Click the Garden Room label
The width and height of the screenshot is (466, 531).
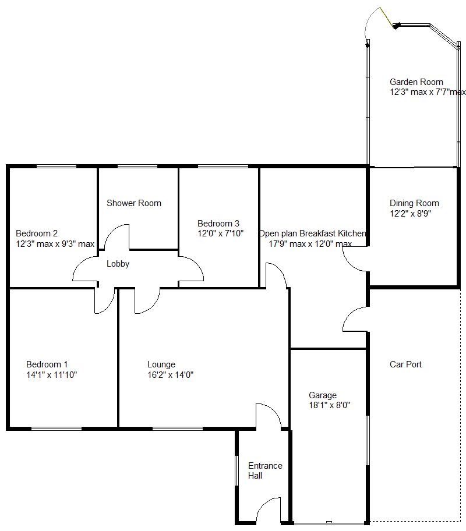(416, 82)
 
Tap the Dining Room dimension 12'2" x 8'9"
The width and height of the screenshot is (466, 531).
(411, 213)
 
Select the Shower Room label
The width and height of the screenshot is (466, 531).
(134, 203)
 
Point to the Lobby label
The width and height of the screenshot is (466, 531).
(118, 264)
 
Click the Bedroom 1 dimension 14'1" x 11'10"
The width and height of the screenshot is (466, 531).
(51, 375)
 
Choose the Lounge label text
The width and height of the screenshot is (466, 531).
(161, 364)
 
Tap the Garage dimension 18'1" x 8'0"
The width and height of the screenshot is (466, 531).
(330, 405)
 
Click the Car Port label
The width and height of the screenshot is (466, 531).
(405, 364)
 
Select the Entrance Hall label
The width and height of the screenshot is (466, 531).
(265, 470)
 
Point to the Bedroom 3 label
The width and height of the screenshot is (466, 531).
(218, 224)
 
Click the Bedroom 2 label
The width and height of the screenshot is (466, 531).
(37, 233)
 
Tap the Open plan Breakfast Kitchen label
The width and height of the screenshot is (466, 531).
(312, 233)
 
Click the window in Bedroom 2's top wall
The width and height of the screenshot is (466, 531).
(57, 166)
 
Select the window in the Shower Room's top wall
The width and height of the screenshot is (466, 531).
(137, 166)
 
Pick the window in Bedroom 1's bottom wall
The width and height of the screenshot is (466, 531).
(57, 429)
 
